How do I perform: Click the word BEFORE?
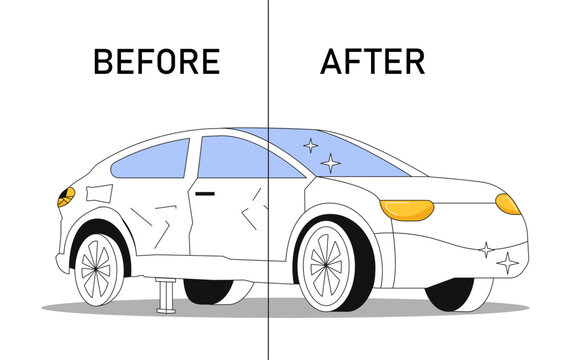coord(156,62)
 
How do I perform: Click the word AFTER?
coord(372,62)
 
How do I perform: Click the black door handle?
coord(207,191)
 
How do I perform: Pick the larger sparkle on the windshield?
coord(329,162)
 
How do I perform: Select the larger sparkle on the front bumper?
coord(507,263)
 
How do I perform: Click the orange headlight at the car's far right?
coord(508,204)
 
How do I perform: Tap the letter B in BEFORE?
coord(104,62)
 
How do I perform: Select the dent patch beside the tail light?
coord(99,193)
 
